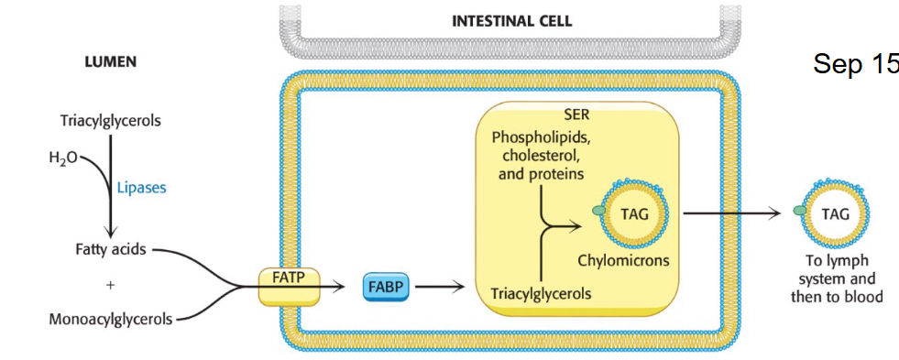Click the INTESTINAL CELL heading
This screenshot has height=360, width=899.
point(511,21)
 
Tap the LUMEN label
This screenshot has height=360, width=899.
point(111,62)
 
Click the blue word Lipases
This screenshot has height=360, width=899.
point(142,188)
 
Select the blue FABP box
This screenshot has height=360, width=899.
point(388,287)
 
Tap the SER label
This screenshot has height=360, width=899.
point(577,115)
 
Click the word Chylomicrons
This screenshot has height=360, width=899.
point(623,260)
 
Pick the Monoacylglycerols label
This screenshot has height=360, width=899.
point(110,319)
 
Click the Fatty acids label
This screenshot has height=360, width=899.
point(111,249)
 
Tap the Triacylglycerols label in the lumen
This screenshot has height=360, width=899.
point(109,121)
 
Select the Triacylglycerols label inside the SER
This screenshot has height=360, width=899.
point(541,294)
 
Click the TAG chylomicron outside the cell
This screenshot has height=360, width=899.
point(834,214)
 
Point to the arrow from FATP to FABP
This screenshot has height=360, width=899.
point(331,287)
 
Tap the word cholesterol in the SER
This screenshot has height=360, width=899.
point(540,155)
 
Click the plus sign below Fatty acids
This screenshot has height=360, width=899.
point(110,285)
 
